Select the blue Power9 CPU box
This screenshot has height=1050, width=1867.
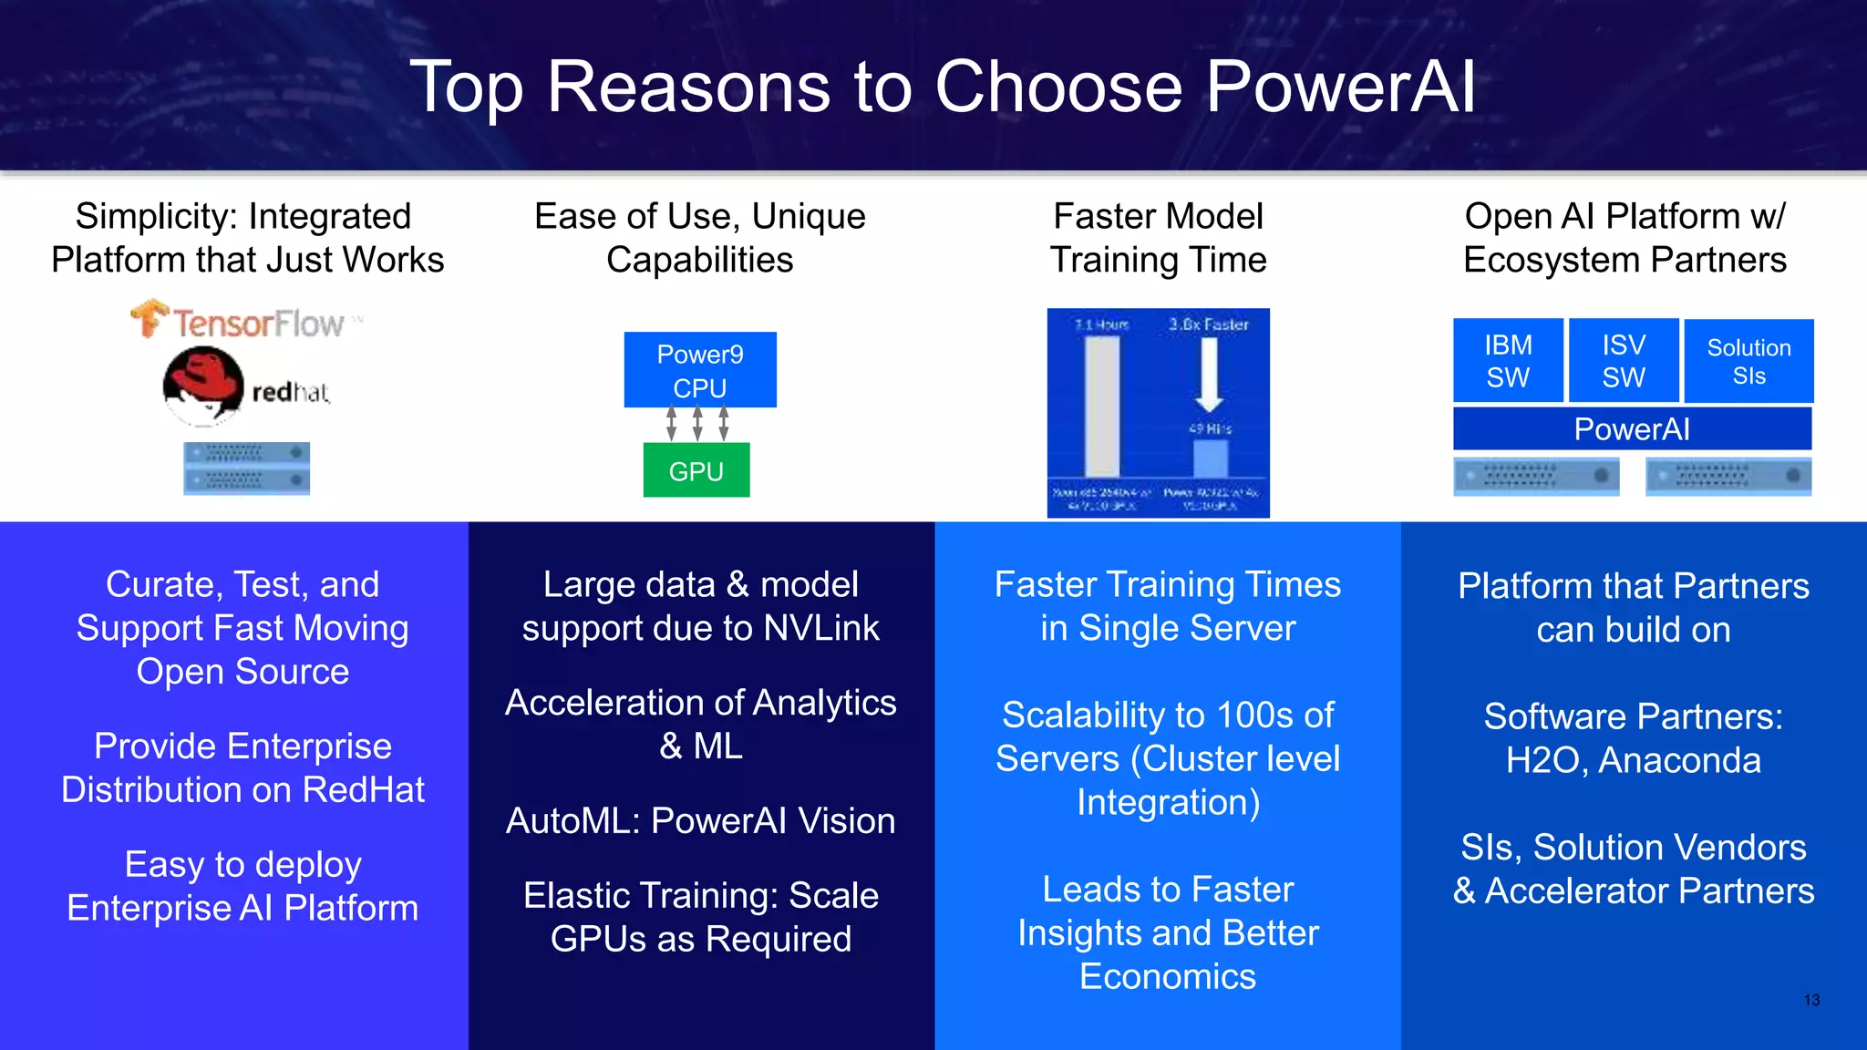tap(700, 370)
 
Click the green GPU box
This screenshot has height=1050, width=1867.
tap(696, 470)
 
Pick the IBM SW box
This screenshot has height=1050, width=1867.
tap(1508, 361)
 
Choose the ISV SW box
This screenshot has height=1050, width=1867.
tap(1624, 361)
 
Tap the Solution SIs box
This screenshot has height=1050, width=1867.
tap(1748, 361)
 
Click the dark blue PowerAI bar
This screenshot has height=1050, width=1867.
tap(1632, 428)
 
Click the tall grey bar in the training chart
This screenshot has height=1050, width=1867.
tap(1102, 406)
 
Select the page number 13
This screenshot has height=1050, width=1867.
tap(1810, 1000)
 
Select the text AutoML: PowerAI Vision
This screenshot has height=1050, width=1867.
tap(700, 821)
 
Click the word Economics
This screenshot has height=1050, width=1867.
tap(1167, 976)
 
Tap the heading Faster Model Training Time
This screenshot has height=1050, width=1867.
tap(1158, 238)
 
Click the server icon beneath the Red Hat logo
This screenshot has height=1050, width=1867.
tap(246, 468)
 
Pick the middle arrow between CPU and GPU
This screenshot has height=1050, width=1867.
tap(697, 424)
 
